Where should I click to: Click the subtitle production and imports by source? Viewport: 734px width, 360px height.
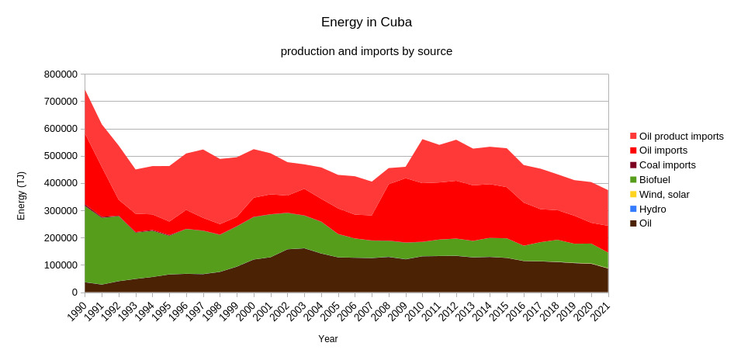tap(366, 51)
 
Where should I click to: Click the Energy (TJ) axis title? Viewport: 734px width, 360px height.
tap(22, 196)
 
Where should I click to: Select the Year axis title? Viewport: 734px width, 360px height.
tap(327, 339)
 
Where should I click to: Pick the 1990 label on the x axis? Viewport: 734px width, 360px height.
tap(76, 308)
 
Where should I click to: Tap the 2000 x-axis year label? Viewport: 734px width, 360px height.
tap(245, 308)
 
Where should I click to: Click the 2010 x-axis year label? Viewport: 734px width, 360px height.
tap(414, 308)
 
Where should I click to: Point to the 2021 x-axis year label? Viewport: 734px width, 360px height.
tap(600, 308)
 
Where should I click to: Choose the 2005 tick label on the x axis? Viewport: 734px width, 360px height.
tap(330, 308)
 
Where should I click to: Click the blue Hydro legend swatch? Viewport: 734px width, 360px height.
tap(633, 209)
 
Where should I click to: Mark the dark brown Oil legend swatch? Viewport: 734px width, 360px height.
tap(633, 223)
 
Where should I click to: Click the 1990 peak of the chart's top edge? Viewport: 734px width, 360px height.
tap(85, 89)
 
